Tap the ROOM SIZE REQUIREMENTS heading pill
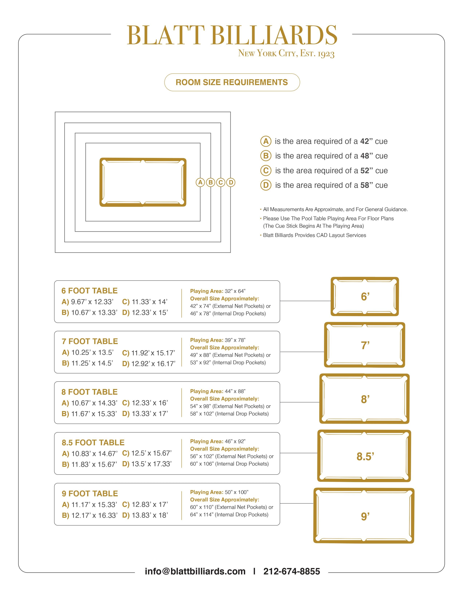point(232,82)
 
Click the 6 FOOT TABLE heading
point(89,291)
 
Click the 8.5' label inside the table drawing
point(365,457)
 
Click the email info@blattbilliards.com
point(195,571)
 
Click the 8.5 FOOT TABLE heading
point(93,443)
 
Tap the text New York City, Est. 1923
point(286,53)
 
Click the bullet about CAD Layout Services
point(314,235)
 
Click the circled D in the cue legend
point(265,185)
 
